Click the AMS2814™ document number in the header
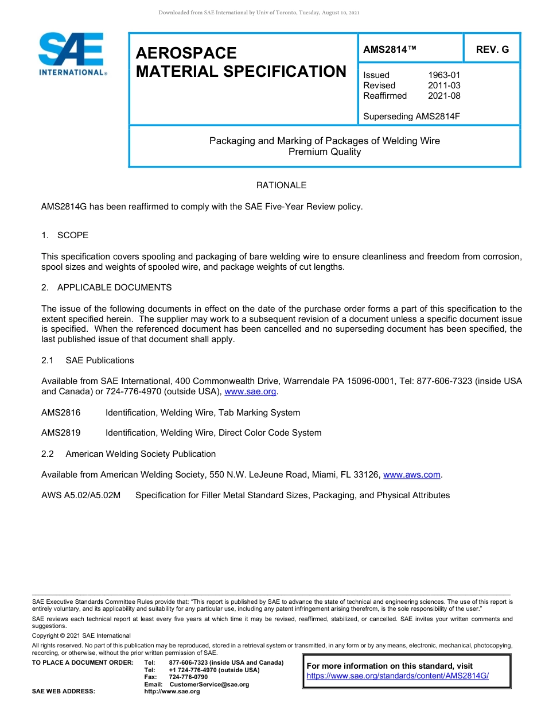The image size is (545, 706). (x=390, y=49)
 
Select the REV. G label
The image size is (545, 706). (x=492, y=49)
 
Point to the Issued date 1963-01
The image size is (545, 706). (x=444, y=75)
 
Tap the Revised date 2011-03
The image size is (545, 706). (x=444, y=86)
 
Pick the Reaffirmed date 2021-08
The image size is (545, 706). (x=444, y=96)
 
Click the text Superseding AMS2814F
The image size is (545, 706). (x=411, y=117)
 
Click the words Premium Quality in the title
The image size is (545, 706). (x=325, y=152)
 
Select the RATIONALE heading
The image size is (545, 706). (x=281, y=185)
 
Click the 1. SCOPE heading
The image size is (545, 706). (x=65, y=235)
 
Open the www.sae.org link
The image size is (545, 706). (x=250, y=391)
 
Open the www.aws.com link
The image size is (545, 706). (x=411, y=475)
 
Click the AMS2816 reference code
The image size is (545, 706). (x=61, y=413)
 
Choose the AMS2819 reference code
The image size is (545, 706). (x=61, y=433)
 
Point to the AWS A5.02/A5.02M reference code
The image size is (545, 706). (x=81, y=495)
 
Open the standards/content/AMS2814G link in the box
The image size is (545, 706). (x=398, y=676)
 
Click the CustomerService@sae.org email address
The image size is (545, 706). (x=209, y=684)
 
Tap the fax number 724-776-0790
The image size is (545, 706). (x=188, y=677)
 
